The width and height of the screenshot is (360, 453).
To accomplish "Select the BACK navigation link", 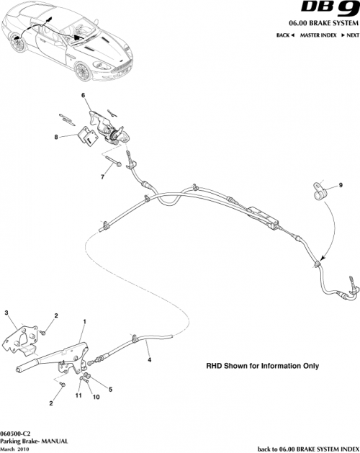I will pyautogui.click(x=285, y=35).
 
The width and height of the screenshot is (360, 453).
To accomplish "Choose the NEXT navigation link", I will pyautogui.click(x=348, y=35).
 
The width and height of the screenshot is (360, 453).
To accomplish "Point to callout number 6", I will pyautogui.click(x=83, y=96).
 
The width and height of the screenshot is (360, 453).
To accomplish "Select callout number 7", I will pyautogui.click(x=103, y=175).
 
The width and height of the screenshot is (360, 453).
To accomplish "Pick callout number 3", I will pyautogui.click(x=6, y=312).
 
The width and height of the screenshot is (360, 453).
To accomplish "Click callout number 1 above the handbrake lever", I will pyautogui.click(x=85, y=320).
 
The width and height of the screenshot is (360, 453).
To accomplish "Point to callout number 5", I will pyautogui.click(x=110, y=390).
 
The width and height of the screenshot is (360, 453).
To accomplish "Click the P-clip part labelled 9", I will pyautogui.click(x=319, y=192).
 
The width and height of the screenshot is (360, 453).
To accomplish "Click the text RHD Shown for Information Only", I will pyautogui.click(x=262, y=366).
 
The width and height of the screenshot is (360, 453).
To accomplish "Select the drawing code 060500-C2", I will pyautogui.click(x=16, y=431).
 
